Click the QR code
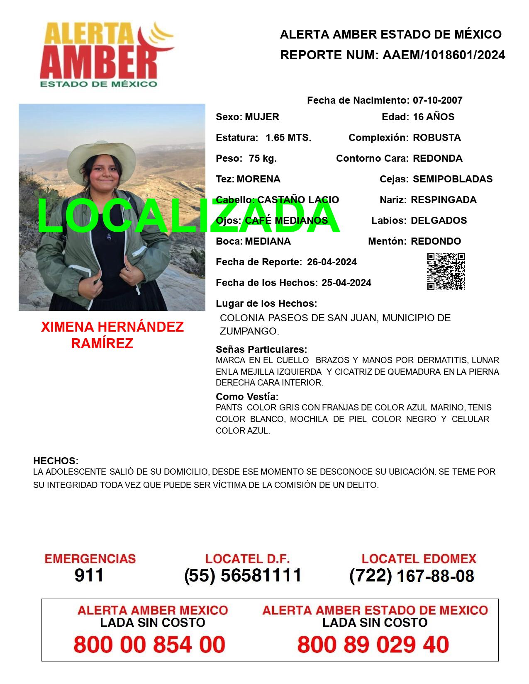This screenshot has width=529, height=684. (x=446, y=272)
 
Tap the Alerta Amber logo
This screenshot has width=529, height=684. (x=106, y=54)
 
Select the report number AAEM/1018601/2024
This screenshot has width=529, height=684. (x=444, y=55)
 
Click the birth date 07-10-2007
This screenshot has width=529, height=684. (x=437, y=100)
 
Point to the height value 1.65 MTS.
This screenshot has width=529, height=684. (x=288, y=138)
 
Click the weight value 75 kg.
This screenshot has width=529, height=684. (x=263, y=158)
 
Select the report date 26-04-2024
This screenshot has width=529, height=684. (x=332, y=262)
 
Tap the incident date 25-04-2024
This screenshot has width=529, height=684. (x=346, y=283)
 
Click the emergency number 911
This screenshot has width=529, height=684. (x=89, y=575)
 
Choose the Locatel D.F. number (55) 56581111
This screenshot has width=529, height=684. (x=243, y=575)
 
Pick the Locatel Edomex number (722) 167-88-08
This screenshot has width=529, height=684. (x=412, y=576)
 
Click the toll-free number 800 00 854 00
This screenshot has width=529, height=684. (x=149, y=645)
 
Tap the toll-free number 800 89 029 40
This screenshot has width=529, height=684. (x=373, y=645)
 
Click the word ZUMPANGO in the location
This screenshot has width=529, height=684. (x=249, y=331)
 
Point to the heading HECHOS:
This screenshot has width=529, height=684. (x=56, y=461)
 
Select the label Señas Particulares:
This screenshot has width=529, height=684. (x=261, y=349)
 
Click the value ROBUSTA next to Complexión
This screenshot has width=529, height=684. (x=436, y=138)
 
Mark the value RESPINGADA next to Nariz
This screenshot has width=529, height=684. (x=443, y=200)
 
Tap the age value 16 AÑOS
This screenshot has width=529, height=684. (x=433, y=117)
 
